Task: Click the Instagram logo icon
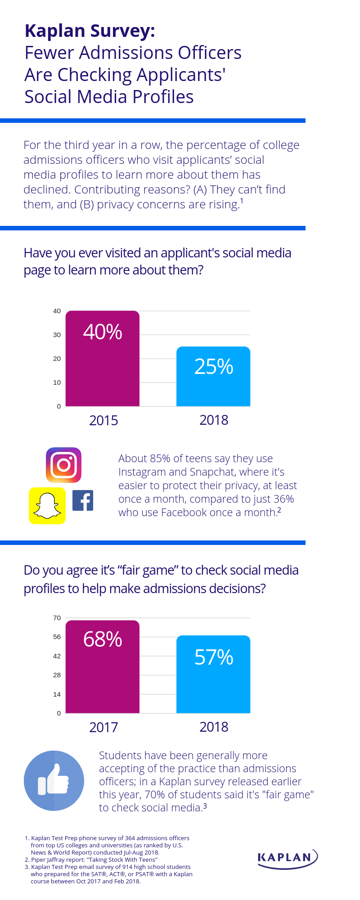[63, 465]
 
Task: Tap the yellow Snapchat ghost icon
[47, 506]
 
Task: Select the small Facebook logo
[83, 500]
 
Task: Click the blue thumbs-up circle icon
[54, 781]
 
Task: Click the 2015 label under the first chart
[103, 420]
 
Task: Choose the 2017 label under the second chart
[103, 727]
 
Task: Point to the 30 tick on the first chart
[57, 335]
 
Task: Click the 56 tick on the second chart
[57, 637]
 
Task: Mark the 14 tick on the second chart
[57, 694]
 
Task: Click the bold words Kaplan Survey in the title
[90, 31]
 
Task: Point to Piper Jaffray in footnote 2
[49, 859]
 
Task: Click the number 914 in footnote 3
[128, 867]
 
